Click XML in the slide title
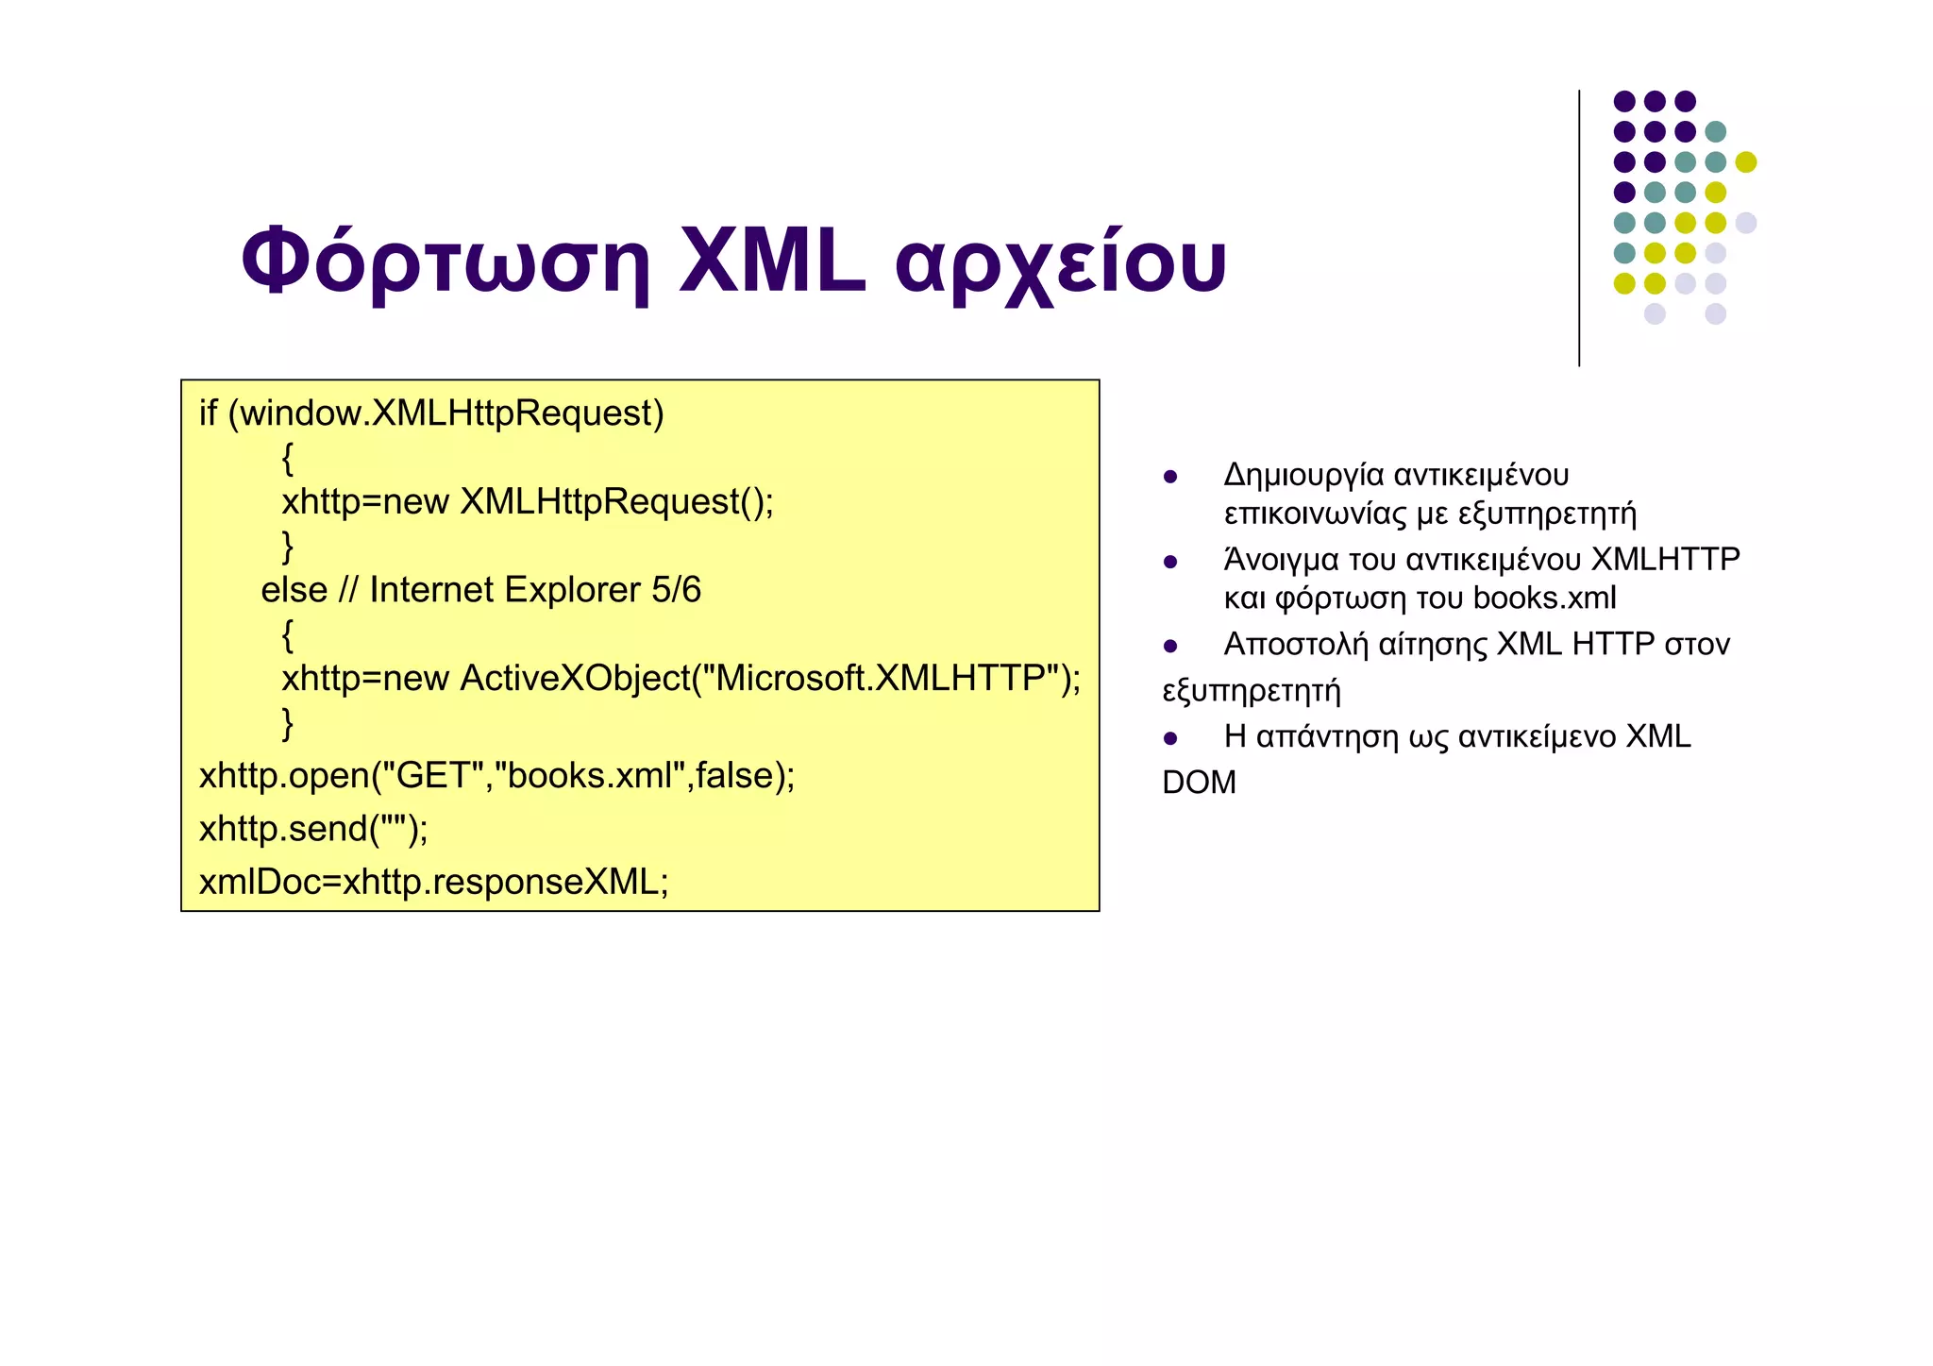[x=771, y=261]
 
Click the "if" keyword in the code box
[x=208, y=413]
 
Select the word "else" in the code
[x=294, y=590]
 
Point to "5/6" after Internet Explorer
[x=676, y=590]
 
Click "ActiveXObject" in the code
[x=575, y=678]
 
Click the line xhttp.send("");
[x=313, y=828]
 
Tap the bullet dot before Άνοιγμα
[x=1170, y=563]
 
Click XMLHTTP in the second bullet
[x=1665, y=559]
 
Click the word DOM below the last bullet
[x=1199, y=783]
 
